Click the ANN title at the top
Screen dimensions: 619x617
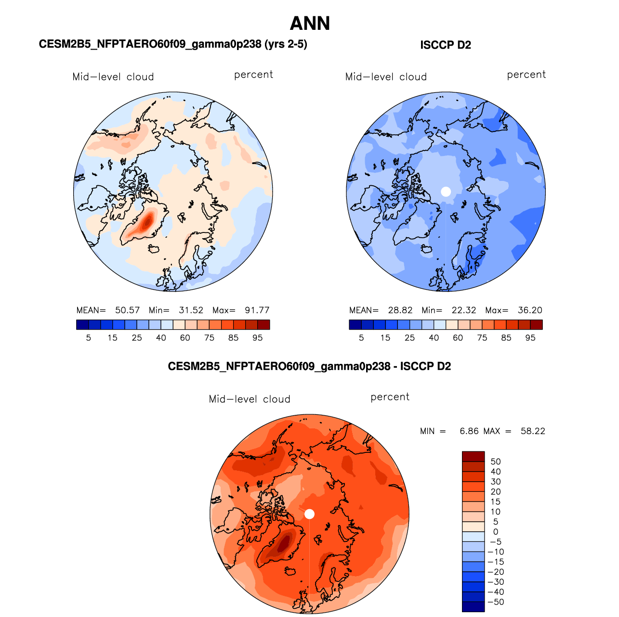[309, 24]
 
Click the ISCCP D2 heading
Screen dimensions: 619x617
[445, 45]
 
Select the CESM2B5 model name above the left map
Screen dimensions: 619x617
[173, 44]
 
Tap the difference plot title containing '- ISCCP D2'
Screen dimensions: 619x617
[309, 366]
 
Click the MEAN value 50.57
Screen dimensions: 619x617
[127, 310]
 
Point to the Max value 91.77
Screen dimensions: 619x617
[257, 310]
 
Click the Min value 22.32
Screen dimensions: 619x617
[464, 310]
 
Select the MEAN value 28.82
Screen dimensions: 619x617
[400, 310]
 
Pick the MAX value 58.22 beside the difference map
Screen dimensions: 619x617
[533, 431]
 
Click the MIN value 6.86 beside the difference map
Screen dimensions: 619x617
[469, 431]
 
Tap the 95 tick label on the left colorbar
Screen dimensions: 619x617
[257, 338]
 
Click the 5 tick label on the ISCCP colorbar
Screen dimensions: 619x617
[361, 338]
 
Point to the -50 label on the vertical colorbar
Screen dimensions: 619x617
[496, 602]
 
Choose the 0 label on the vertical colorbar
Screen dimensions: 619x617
[496, 532]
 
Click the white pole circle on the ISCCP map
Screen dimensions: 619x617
[446, 192]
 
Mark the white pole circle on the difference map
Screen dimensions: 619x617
[309, 514]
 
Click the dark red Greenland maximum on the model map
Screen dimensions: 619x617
[147, 221]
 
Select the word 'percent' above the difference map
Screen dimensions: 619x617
[390, 397]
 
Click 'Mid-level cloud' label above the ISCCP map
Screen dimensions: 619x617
[386, 77]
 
